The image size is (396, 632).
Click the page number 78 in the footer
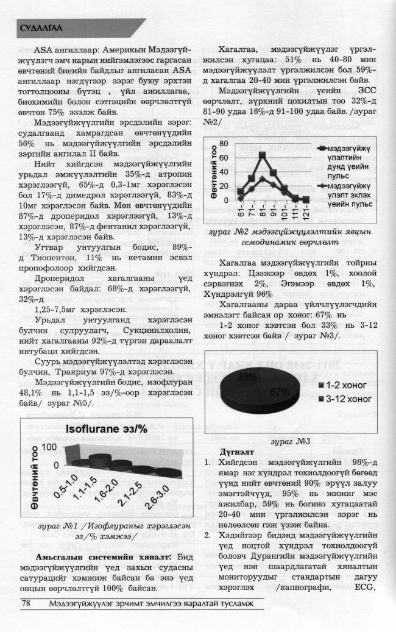point(26,603)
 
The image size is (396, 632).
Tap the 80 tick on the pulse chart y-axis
point(224,143)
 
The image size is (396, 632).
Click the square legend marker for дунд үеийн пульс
point(320,149)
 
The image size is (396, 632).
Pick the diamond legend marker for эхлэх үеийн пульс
point(320,186)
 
